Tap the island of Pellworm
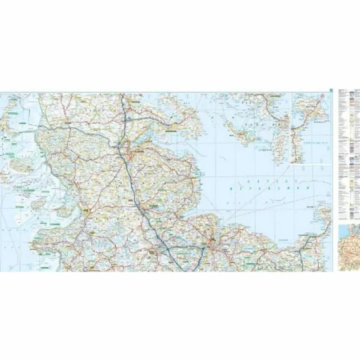click(39, 203)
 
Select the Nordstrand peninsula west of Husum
click(64, 210)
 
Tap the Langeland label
click(266, 150)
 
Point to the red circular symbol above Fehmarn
click(323, 97)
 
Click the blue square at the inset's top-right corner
click(331, 90)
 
